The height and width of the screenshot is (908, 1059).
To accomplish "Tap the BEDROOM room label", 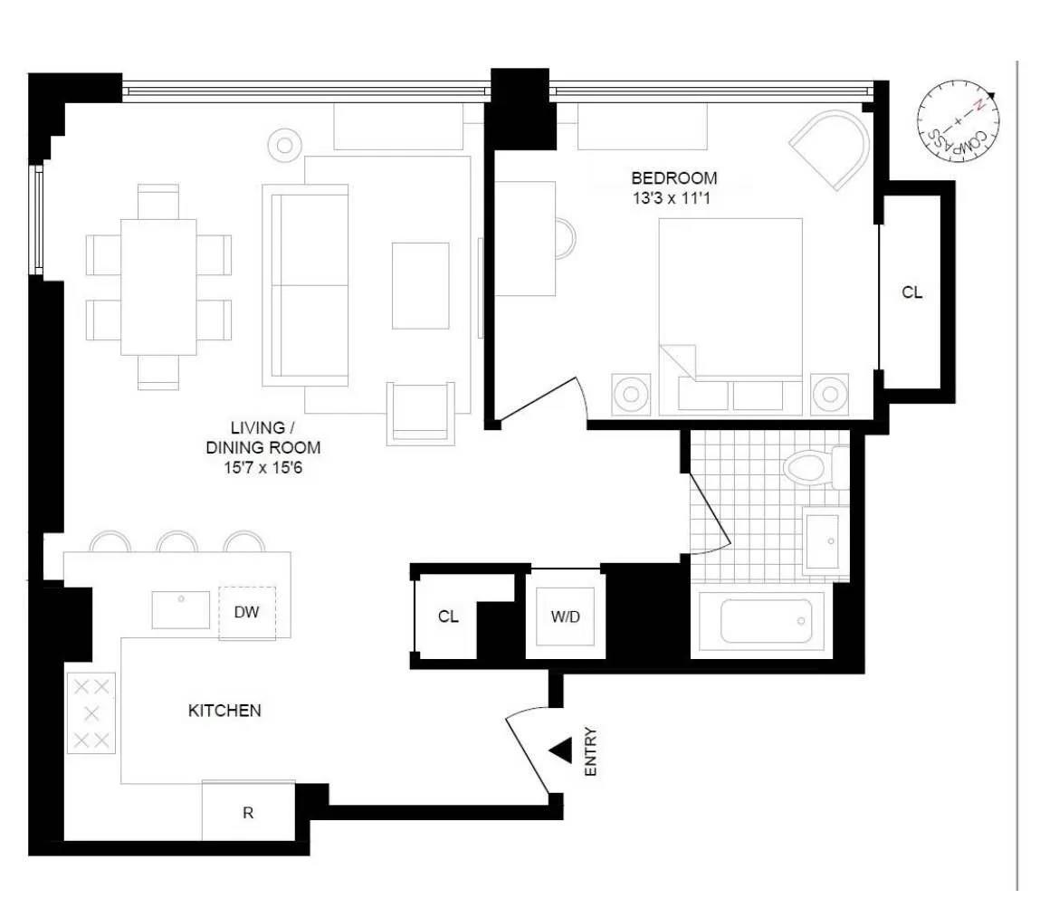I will point(674,178).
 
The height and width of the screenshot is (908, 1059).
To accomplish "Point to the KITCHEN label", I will point(224,711).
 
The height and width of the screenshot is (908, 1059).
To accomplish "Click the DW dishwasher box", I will point(247,613).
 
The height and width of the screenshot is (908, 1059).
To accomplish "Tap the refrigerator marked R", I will point(248,812).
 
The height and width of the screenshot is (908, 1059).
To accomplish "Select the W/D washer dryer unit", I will point(565,617).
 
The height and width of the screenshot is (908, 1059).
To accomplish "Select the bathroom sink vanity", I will point(825,541).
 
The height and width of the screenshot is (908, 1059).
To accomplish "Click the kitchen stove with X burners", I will point(91,713).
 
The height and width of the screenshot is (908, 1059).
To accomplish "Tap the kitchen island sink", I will point(181,608).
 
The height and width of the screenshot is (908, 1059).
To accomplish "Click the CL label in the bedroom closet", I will point(912,293).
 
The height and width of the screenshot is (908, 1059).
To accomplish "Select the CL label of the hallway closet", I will point(448,617).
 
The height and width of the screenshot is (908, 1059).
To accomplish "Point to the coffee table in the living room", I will point(420,285).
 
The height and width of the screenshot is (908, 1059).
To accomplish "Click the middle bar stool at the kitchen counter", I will point(177,541).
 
